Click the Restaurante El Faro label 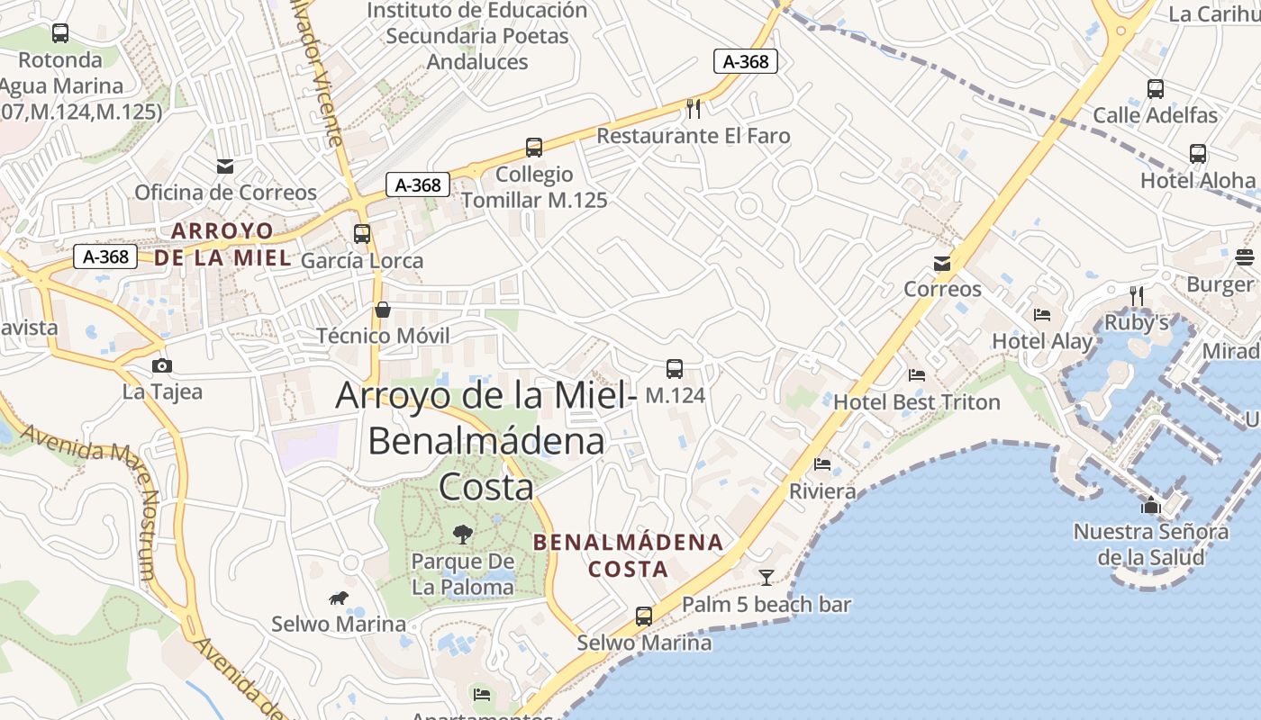[x=694, y=136]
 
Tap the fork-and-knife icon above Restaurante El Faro [x=694, y=109]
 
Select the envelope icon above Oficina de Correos [x=225, y=166]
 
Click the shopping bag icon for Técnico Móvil [x=383, y=310]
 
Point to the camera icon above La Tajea [x=162, y=365]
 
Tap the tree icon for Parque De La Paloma [x=463, y=535]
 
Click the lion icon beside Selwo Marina [x=339, y=598]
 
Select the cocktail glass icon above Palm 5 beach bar [x=767, y=577]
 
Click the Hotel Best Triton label [x=917, y=401]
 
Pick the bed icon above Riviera [x=822, y=464]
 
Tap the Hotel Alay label [x=1042, y=341]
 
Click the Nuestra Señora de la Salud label [x=1151, y=544]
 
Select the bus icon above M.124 [x=675, y=368]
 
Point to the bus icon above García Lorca [x=362, y=234]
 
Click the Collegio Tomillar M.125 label [x=534, y=186]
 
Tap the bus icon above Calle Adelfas [x=1156, y=89]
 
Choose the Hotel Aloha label [x=1198, y=180]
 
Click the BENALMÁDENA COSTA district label [x=628, y=555]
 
